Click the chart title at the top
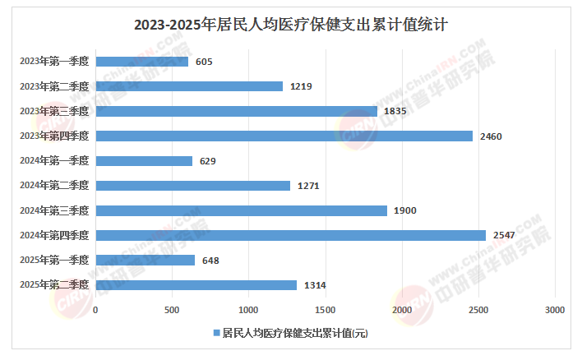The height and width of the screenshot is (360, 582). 290,25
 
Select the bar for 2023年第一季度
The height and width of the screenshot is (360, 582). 142,62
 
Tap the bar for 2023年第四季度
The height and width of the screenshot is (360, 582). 284,136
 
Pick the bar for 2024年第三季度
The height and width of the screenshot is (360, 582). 242,210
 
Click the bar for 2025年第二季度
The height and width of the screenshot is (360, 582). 196,285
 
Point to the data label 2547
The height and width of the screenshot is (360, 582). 504,235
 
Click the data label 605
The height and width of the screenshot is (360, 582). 205,62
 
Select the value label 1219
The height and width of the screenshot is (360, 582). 301,86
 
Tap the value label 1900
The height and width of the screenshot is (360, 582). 404,210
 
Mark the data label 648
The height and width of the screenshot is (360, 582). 210,261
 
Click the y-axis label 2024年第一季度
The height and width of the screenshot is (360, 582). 54,161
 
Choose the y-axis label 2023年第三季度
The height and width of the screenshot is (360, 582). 54,111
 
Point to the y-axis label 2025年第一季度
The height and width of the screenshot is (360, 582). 54,261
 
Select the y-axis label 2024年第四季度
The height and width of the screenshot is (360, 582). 54,235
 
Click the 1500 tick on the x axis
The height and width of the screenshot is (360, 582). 326,309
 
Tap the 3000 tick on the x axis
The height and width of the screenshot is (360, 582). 555,309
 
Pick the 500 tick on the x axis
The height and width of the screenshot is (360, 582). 172,309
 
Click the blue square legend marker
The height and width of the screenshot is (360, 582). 216,333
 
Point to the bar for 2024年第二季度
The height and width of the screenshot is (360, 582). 193,186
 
